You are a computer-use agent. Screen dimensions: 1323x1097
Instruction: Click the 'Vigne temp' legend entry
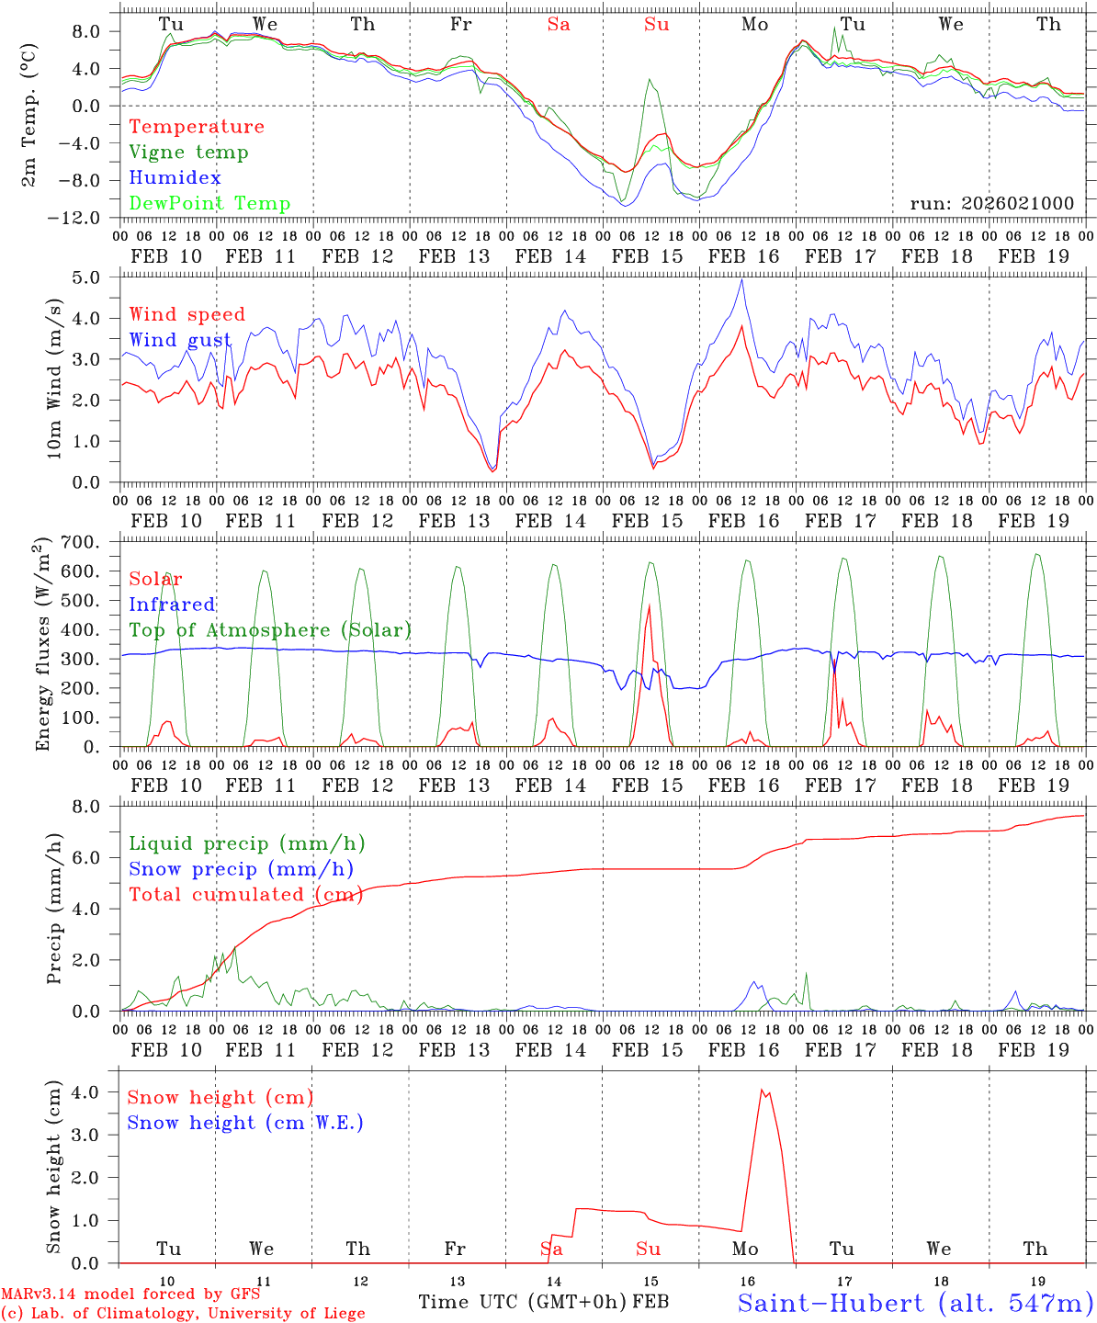[188, 153]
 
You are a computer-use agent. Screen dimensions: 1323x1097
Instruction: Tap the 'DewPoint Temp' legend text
[209, 204]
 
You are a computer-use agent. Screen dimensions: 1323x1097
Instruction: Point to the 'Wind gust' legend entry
[180, 340]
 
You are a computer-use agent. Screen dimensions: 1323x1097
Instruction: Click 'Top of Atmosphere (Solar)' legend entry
[270, 630]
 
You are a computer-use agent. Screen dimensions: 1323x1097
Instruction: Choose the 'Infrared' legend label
[172, 605]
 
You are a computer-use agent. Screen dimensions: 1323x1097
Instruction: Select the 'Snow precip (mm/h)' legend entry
[241, 869]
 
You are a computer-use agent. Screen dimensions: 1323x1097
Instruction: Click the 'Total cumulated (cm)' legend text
[245, 895]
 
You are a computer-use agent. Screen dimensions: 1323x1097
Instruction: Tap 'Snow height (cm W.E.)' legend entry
[245, 1123]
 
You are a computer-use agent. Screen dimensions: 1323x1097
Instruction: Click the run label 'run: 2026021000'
[991, 204]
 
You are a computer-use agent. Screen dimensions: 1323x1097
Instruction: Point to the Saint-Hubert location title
[915, 1303]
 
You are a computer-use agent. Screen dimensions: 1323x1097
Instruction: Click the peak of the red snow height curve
[762, 1090]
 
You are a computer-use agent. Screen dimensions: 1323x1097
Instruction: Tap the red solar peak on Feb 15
[650, 605]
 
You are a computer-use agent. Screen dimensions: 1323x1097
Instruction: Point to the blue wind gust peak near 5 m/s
[742, 280]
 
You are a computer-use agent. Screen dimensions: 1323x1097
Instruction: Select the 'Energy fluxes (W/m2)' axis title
[42, 646]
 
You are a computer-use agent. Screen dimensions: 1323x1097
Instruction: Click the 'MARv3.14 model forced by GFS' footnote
[130, 1295]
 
